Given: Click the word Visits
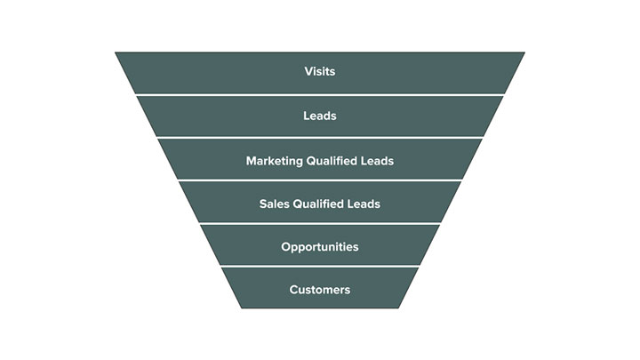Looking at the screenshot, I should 319,72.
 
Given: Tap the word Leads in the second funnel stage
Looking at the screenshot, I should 319,116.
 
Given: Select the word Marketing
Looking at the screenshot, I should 274,161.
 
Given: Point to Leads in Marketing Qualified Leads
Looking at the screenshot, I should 378,161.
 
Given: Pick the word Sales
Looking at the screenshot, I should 274,204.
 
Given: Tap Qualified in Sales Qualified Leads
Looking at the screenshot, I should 320,204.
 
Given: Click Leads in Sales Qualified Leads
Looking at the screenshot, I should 364,204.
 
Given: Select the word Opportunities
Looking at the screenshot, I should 319,247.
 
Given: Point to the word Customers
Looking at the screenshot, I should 319,290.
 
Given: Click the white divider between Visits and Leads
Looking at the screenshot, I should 319,94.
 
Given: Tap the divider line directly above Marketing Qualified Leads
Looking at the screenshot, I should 319,137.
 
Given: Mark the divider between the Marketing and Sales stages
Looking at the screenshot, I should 319,180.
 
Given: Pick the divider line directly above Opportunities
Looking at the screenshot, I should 319,223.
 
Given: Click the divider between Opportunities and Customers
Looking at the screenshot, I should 319,267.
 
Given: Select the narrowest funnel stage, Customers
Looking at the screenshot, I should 258,290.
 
